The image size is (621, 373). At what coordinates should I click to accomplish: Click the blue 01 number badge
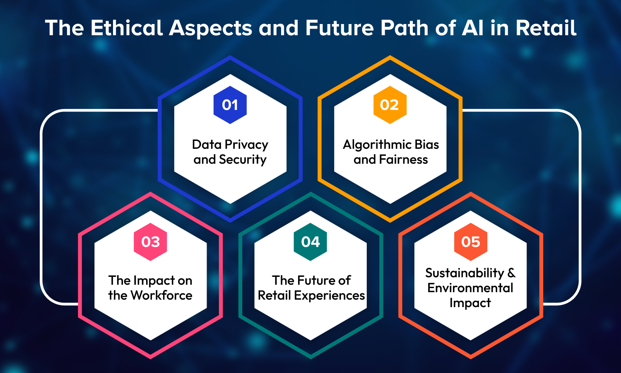(230, 105)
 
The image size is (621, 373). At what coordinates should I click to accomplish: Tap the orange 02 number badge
(390, 105)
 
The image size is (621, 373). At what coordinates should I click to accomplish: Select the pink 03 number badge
(150, 242)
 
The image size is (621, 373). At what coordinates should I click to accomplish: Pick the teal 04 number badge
(310, 242)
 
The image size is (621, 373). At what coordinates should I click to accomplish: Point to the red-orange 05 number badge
(470, 242)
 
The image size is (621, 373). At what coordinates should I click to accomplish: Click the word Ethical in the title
(127, 28)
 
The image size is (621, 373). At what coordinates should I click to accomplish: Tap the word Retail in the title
(546, 28)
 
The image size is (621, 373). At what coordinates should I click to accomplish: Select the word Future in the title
(339, 28)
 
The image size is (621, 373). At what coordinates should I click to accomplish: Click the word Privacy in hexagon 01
(246, 145)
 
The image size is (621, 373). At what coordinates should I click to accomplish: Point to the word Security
(243, 160)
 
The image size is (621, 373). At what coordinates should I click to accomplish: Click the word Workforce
(161, 295)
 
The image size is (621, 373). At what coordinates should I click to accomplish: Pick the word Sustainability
(465, 274)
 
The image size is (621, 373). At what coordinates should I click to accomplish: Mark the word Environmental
(470, 288)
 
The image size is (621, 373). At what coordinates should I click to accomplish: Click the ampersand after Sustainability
(511, 273)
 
